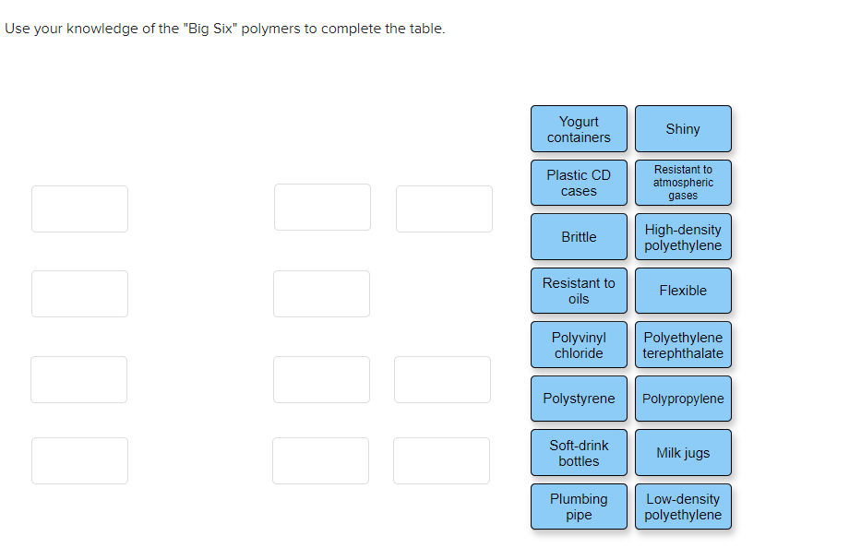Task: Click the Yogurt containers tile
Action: [x=579, y=129]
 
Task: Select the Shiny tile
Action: [x=683, y=129]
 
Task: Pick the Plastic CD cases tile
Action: [x=579, y=183]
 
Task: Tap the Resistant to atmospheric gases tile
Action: [x=683, y=183]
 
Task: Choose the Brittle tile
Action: [x=579, y=237]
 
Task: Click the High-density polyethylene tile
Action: [x=683, y=237]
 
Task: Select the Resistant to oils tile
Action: [x=579, y=291]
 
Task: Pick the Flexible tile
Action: [x=683, y=291]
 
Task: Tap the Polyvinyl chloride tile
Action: [x=579, y=345]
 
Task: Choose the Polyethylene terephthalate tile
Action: [x=683, y=345]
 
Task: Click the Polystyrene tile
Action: [x=579, y=399]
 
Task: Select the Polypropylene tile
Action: [x=683, y=399]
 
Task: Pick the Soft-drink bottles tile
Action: [x=579, y=453]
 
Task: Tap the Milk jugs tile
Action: [x=683, y=453]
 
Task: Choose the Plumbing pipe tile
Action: [x=579, y=506]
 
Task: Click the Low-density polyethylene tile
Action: [x=683, y=506]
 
